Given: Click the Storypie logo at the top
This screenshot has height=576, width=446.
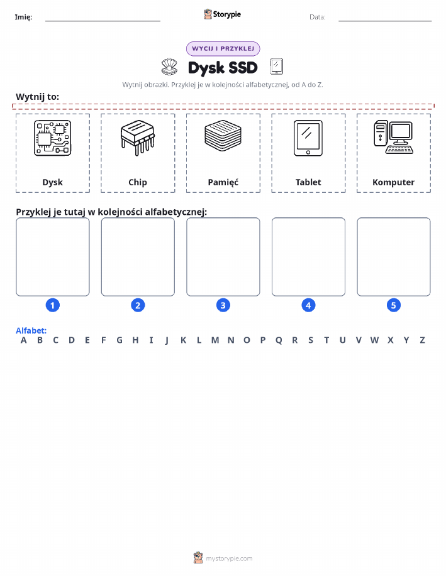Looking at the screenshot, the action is pos(222,14).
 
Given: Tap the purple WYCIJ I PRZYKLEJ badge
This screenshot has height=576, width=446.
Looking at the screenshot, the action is pos(223,48).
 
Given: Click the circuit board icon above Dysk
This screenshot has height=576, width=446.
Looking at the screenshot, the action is pos(53,138).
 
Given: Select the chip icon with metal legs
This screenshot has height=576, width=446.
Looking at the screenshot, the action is pos(138,138).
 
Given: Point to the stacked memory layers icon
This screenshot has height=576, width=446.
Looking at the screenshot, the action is pos(223,136).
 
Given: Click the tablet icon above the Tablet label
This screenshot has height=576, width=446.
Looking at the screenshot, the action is pos(308,138).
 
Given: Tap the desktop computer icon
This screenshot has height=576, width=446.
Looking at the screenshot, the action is pos(393,137).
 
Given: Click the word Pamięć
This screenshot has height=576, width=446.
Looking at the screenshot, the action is pos(223,182).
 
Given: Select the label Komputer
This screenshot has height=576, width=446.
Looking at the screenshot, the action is pos(393,182).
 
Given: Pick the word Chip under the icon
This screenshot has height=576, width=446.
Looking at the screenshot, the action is pos(138,182).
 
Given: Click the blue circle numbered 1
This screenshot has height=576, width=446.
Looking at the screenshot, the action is pos(53,305).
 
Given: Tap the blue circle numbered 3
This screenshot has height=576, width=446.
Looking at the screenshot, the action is pos(223,305).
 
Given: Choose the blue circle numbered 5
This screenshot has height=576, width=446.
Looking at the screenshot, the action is pos(393,305).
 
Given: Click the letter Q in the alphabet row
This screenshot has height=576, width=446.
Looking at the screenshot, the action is pos(279,340).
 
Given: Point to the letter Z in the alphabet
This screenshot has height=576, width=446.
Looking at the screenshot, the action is pos(422,340).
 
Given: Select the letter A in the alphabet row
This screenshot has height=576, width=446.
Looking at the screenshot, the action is pos(23,340).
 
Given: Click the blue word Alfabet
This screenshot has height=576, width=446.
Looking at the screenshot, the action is pos(31,330).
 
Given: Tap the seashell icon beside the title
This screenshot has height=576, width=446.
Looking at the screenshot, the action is pos(169,67).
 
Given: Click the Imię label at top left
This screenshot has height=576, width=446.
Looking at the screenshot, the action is pos(23,17).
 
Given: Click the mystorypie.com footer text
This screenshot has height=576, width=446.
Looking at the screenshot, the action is pos(229,558).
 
